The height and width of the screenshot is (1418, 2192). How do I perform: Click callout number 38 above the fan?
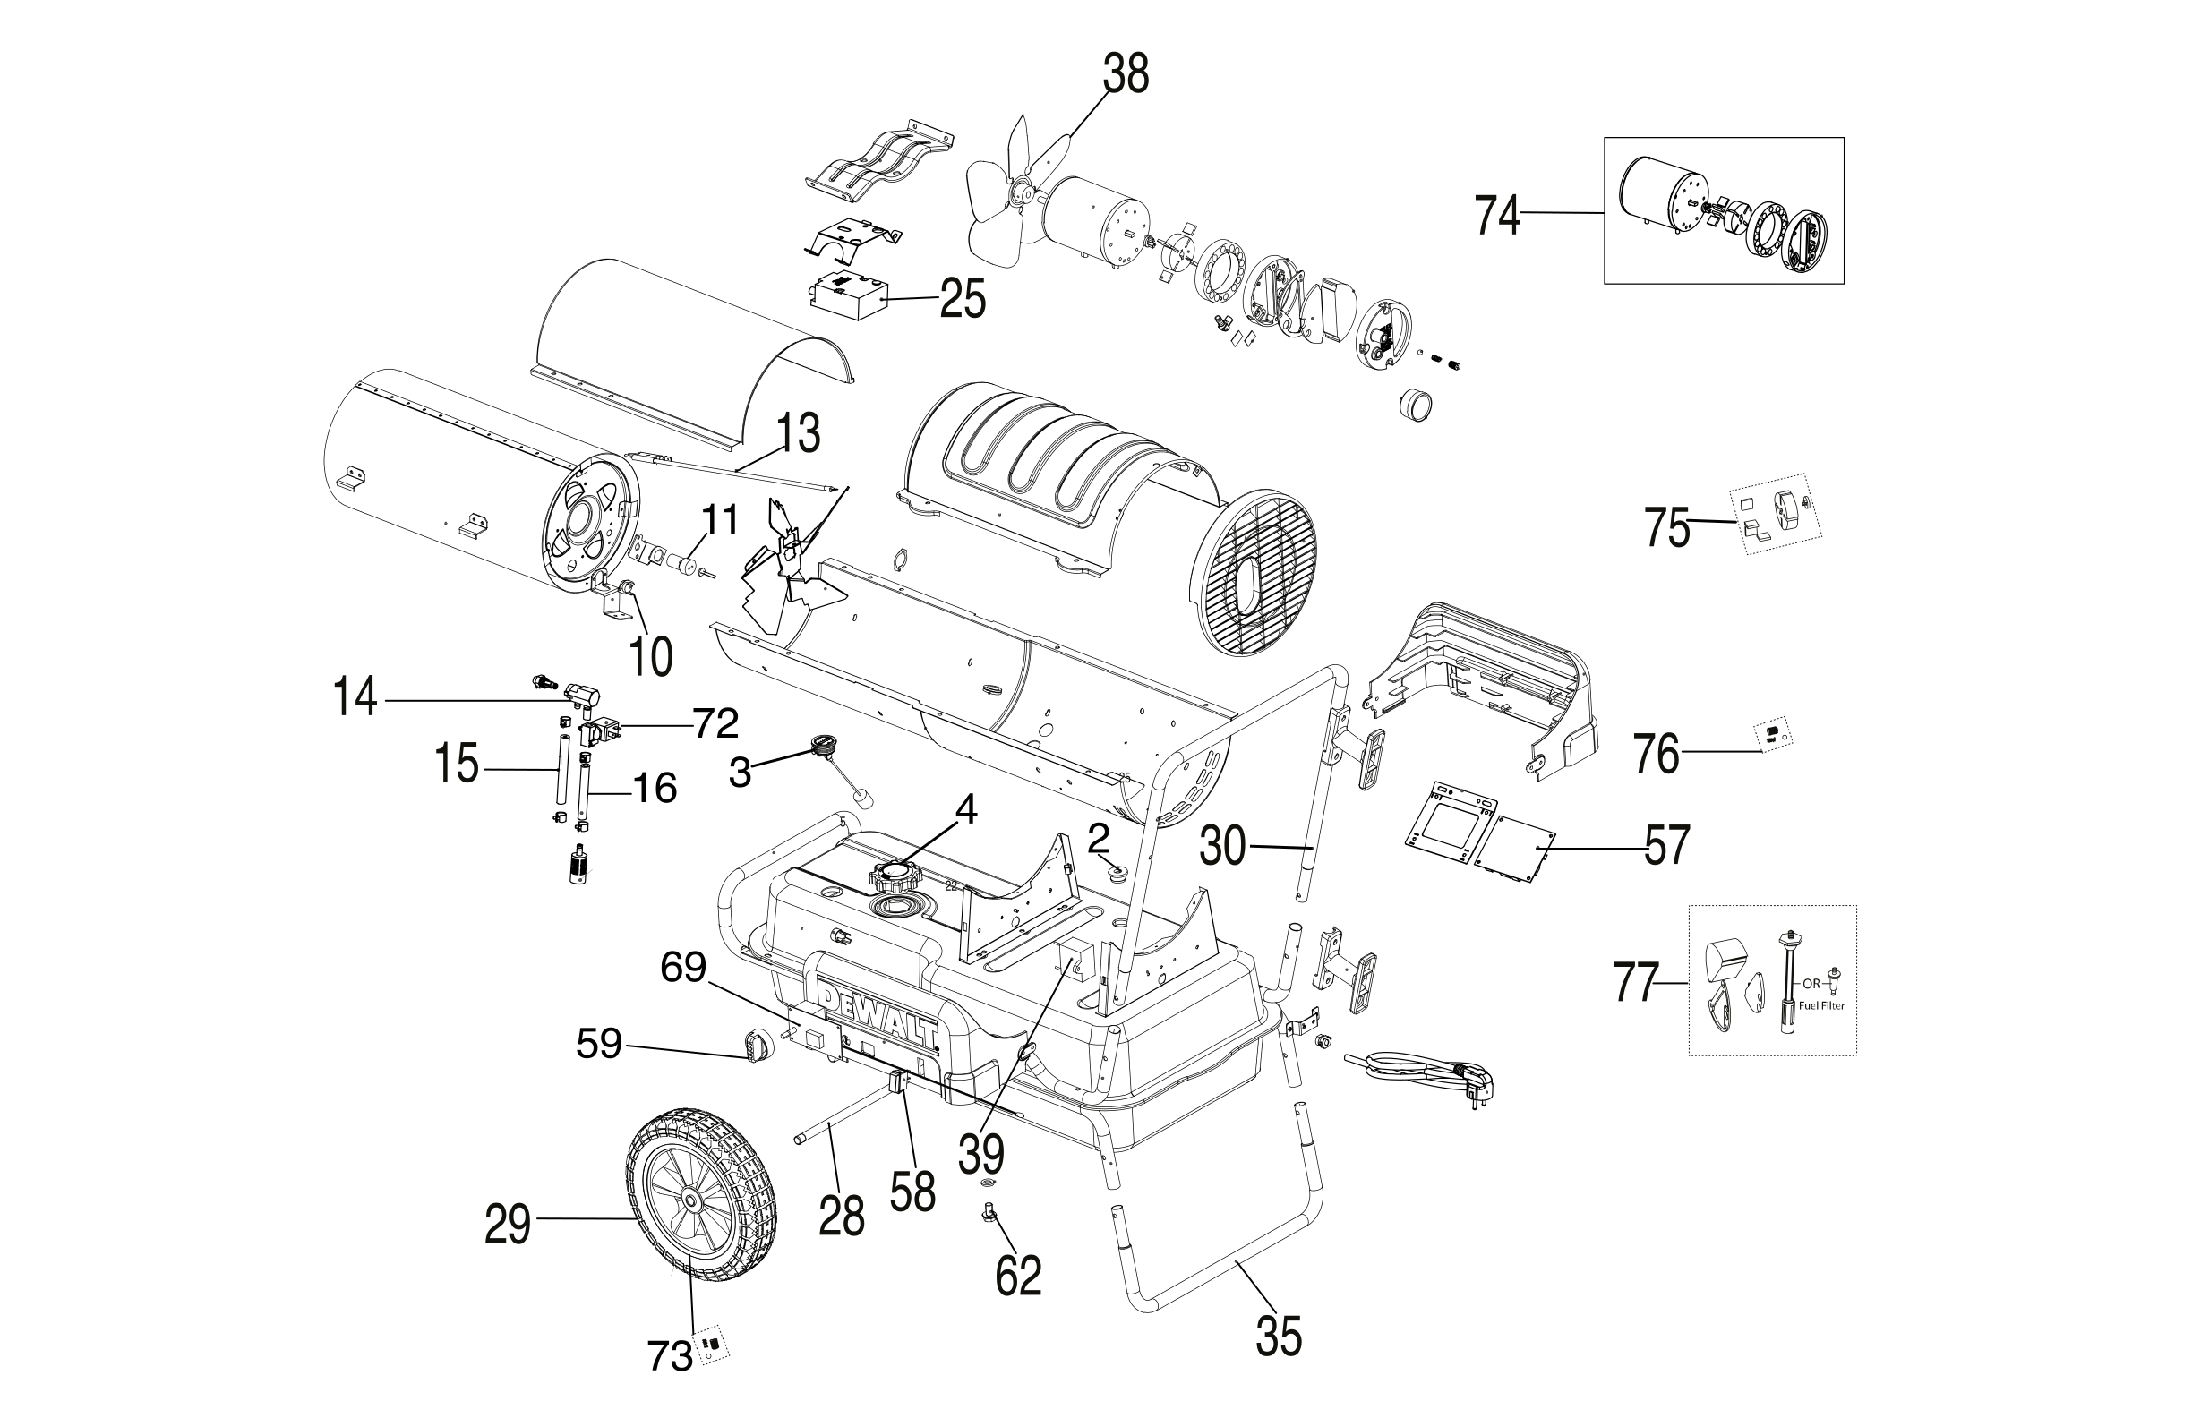(x=1126, y=75)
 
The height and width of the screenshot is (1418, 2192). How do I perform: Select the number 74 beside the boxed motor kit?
(x=1497, y=216)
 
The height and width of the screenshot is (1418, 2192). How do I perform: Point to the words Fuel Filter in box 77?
(x=1819, y=1006)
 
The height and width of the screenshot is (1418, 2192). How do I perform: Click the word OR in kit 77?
(x=1811, y=984)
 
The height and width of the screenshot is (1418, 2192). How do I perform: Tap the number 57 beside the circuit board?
(x=1667, y=845)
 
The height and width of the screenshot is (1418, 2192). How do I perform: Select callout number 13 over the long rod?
(x=798, y=434)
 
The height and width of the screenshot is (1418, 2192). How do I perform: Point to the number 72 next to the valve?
(x=715, y=723)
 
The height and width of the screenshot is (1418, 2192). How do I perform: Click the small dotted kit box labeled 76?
(x=1771, y=737)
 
